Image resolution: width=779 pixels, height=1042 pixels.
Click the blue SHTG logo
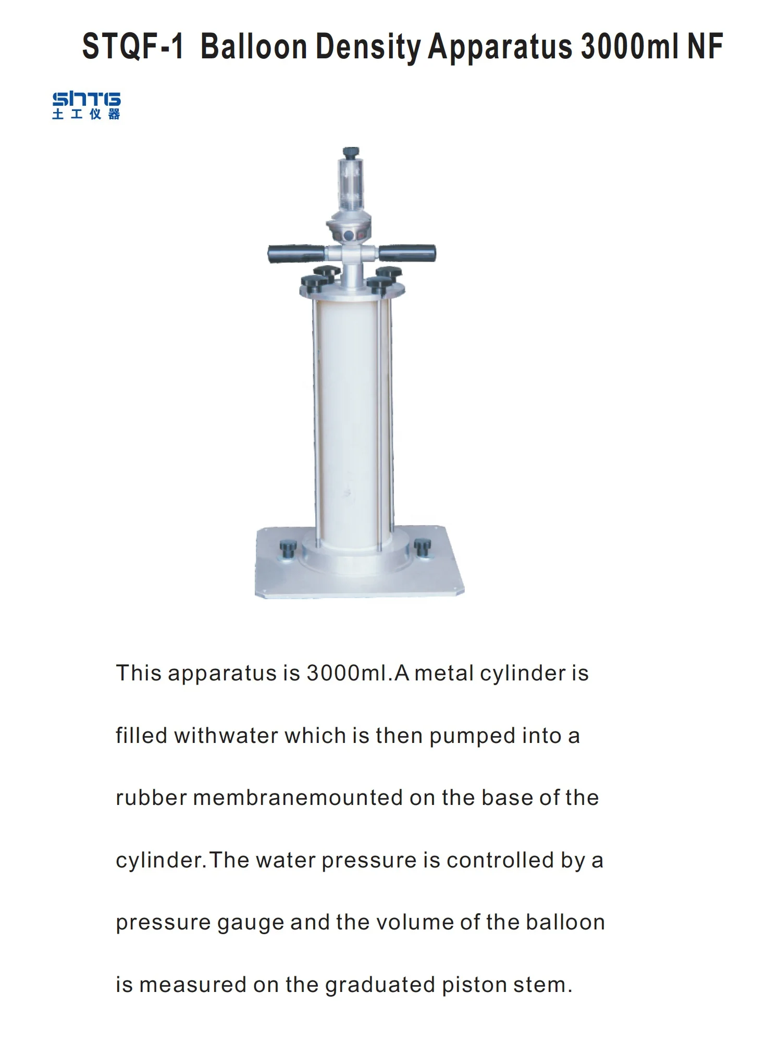86,106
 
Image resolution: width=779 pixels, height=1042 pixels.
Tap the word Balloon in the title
254,47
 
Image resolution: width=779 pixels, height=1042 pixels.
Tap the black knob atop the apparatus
351,152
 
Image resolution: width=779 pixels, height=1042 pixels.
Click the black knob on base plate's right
422,547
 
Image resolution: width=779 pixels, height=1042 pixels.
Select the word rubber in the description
151,798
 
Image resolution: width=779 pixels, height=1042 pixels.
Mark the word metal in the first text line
444,673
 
